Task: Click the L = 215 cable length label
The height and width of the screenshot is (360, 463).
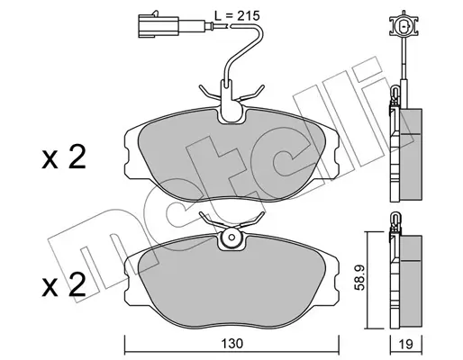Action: coord(237,15)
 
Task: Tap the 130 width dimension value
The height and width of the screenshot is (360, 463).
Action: coord(231,344)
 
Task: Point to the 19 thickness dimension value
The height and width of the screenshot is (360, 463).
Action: coord(406,344)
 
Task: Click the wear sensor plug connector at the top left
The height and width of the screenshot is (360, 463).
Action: coord(159,26)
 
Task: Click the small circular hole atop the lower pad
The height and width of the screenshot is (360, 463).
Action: coord(231,237)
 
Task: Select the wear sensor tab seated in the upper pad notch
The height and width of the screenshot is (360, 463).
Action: coord(231,101)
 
